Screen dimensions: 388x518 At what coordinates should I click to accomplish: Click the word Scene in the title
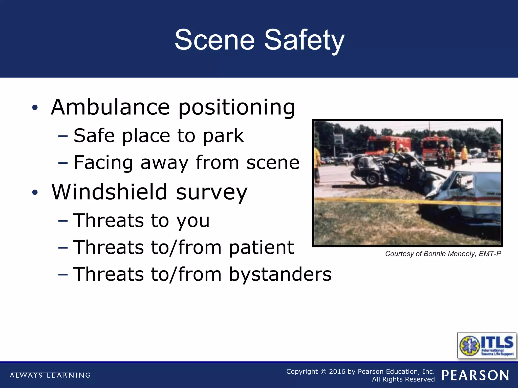(215, 40)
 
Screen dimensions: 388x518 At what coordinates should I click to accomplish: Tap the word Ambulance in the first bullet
(110, 107)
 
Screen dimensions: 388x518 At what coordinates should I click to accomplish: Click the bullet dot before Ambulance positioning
(35, 108)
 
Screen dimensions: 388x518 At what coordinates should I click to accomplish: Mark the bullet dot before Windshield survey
(35, 192)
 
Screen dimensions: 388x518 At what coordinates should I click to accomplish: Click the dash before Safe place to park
(63, 136)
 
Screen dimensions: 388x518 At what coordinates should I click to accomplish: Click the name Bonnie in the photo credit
(435, 254)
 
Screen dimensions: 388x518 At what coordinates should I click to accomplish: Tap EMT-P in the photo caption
(490, 254)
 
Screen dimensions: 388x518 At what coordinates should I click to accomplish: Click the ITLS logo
(486, 345)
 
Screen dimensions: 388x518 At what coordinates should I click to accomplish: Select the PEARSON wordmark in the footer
(475, 375)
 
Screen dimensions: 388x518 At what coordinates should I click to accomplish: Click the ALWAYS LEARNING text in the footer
(50, 375)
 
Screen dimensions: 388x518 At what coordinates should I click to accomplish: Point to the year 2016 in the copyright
(337, 372)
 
